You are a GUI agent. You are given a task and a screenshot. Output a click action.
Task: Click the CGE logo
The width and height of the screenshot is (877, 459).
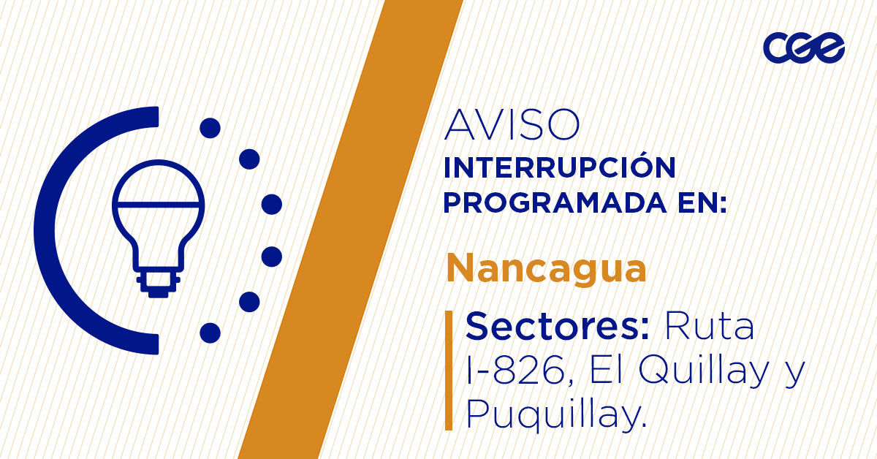coord(803,49)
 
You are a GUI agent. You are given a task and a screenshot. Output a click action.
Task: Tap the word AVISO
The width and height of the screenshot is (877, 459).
coord(512,126)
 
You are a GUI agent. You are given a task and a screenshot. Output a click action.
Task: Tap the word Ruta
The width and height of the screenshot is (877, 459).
coord(708,327)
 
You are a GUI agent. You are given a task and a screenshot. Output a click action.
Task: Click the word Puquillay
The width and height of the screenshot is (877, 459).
coord(555,415)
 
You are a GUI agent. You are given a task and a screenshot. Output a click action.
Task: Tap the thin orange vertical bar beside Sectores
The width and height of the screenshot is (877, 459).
coord(449,370)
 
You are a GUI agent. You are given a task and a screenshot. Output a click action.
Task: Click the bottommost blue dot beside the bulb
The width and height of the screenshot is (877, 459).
coord(210,333)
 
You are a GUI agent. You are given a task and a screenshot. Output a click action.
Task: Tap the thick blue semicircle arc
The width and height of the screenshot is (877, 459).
coord(51,230)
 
